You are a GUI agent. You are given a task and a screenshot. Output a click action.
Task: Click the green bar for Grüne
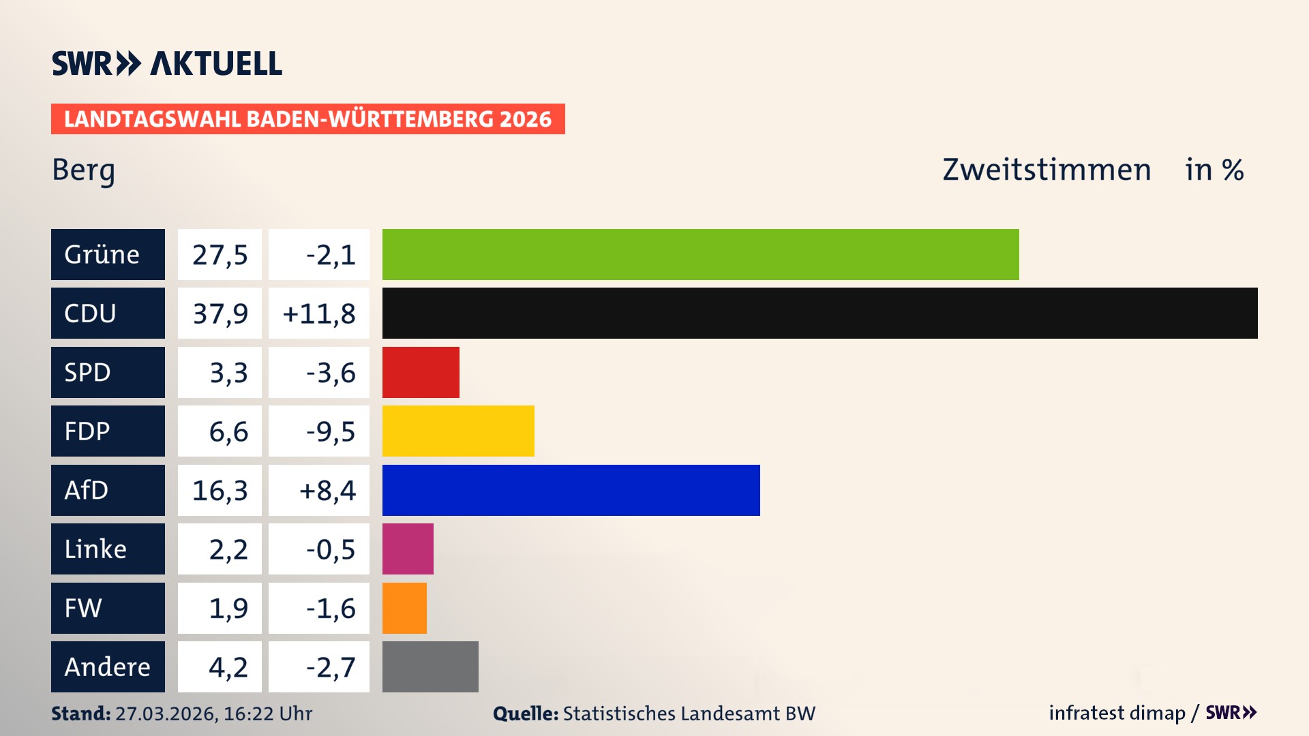pyautogui.click(x=700, y=254)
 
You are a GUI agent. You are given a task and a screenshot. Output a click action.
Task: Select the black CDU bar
pyautogui.click(x=819, y=313)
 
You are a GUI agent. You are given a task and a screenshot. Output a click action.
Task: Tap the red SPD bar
pyautogui.click(x=421, y=372)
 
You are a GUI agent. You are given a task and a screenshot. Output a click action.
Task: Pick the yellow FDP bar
pyautogui.click(x=458, y=431)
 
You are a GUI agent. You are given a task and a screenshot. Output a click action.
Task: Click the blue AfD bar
pyautogui.click(x=571, y=490)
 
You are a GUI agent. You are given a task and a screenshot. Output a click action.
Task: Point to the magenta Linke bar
pyautogui.click(x=408, y=549)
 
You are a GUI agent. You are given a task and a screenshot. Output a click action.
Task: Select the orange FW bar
pyautogui.click(x=404, y=608)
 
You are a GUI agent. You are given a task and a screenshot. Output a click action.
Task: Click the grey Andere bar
pyautogui.click(x=430, y=666)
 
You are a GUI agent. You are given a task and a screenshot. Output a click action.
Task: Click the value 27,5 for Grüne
pyautogui.click(x=220, y=254)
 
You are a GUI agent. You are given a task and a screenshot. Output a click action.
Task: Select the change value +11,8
pyautogui.click(x=318, y=313)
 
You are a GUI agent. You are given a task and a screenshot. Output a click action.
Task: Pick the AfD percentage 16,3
pyautogui.click(x=220, y=490)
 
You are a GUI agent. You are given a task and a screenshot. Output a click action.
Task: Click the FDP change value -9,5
pyautogui.click(x=330, y=431)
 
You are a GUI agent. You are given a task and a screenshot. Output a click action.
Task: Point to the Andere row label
pyautogui.click(x=108, y=666)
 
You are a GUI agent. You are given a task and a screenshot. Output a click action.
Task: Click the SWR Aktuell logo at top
pyautogui.click(x=167, y=63)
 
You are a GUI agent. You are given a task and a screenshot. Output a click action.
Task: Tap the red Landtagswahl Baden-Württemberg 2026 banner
pyautogui.click(x=307, y=119)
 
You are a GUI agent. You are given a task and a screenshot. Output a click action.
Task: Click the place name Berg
pyautogui.click(x=83, y=170)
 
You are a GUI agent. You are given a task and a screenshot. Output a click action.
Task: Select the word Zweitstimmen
pyautogui.click(x=1047, y=170)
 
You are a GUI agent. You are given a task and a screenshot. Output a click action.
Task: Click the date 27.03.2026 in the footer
pyautogui.click(x=166, y=714)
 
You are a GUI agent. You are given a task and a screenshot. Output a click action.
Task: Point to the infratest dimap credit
pyautogui.click(x=1117, y=713)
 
